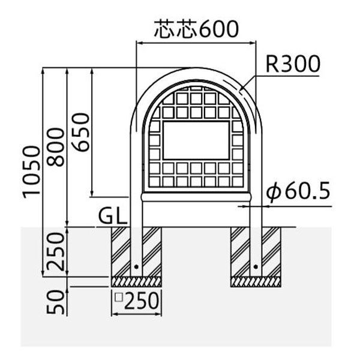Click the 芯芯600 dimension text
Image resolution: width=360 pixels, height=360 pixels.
coord(196,29)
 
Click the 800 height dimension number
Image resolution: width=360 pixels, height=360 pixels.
coord(56,147)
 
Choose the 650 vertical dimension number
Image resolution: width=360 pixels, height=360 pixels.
coord(80,132)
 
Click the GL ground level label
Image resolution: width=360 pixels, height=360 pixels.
coord(113,217)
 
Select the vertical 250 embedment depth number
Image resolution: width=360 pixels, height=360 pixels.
coord(55,251)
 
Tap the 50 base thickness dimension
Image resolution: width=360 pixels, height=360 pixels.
coord(55,302)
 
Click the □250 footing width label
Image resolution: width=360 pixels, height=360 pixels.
coord(137,301)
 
